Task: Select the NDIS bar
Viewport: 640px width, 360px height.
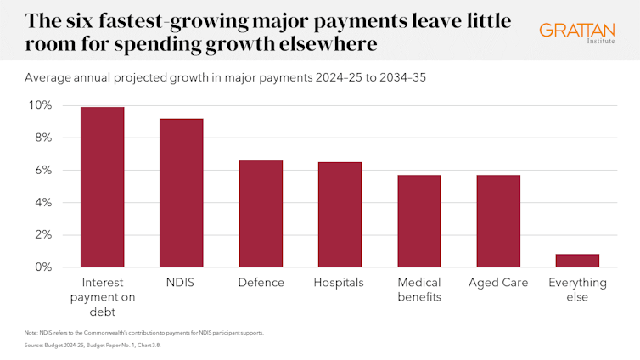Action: coord(181,193)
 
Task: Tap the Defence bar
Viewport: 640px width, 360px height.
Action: coord(261,213)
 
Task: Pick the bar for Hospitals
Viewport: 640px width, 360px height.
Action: coord(339,214)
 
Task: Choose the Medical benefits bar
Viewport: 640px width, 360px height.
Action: coord(418,221)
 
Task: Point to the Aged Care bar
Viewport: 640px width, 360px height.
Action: coord(497,221)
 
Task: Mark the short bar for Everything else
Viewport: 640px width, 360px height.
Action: coord(577,261)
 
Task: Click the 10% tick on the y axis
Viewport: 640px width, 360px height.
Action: coord(41,105)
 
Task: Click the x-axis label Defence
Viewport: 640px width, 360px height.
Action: coord(261,282)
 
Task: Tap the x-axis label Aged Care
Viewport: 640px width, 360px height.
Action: coord(497,282)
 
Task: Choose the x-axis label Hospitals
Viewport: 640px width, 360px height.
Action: coord(339,282)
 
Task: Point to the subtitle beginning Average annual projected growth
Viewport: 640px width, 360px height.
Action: coord(225,77)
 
